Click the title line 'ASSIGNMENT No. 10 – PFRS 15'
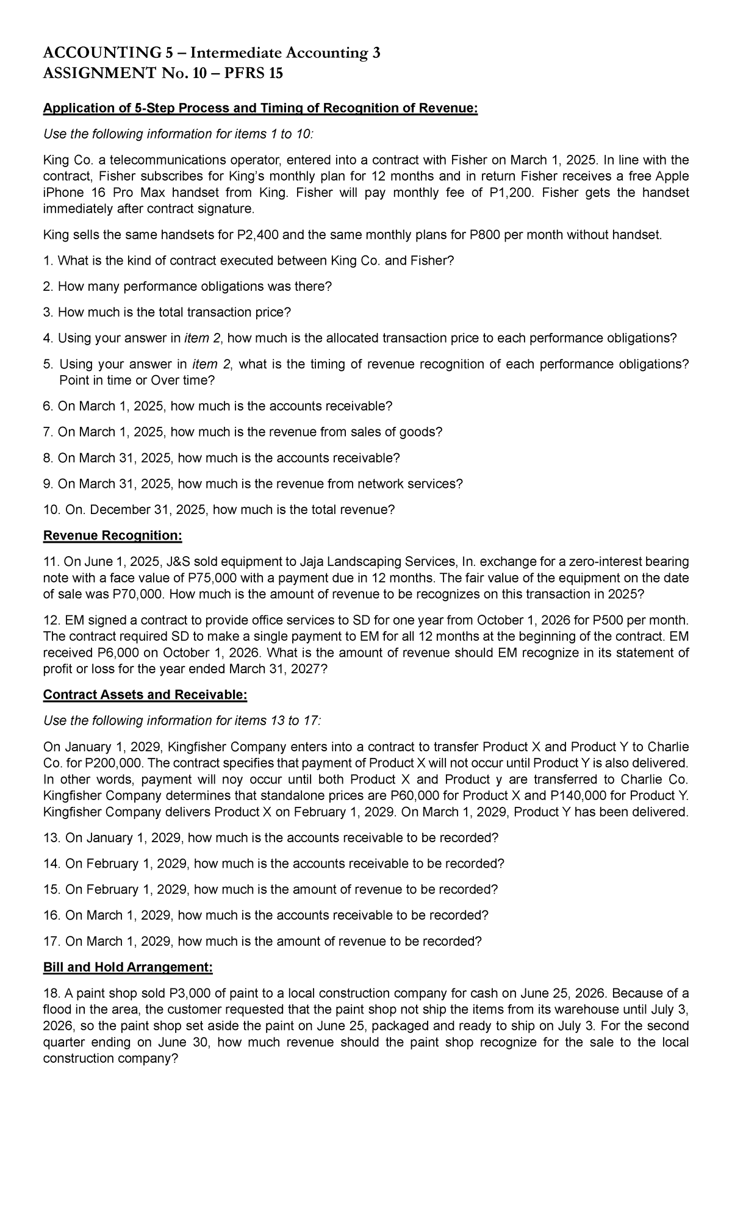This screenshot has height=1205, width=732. pos(163,73)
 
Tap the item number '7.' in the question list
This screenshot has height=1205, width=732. pos(49,432)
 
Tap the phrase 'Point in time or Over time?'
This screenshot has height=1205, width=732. pos(137,381)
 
